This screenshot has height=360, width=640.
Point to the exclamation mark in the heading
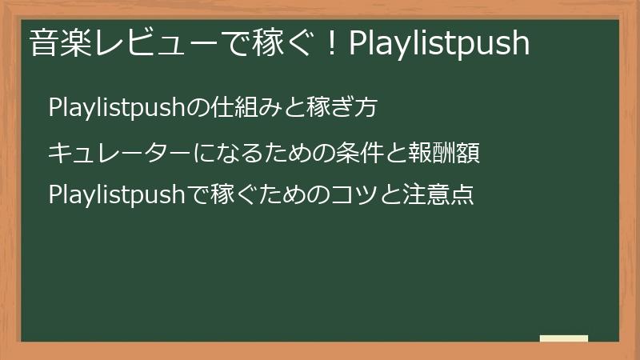(333, 43)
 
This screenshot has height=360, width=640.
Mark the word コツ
(348, 194)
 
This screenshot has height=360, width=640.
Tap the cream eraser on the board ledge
(563, 338)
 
